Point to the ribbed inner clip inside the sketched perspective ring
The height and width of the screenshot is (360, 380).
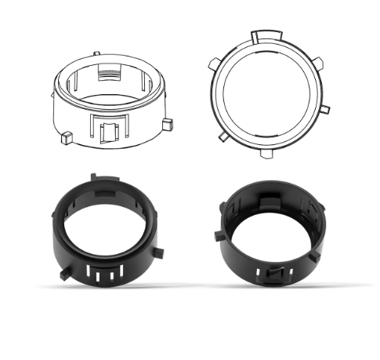point(110,74)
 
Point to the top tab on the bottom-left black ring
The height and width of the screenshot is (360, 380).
point(92,180)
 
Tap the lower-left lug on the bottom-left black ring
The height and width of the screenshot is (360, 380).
point(61,275)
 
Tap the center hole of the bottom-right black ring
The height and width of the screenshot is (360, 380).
point(270,231)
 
